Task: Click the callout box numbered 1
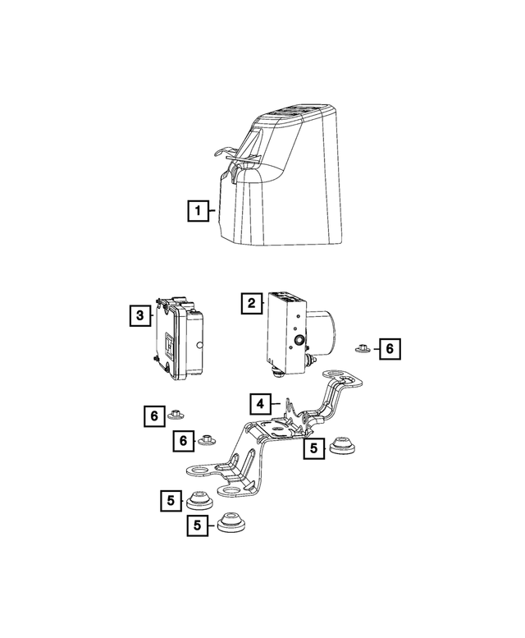tap(196, 210)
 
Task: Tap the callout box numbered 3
tap(140, 314)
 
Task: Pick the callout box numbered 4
tap(260, 403)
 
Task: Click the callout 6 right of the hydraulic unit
tap(389, 349)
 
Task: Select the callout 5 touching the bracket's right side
tap(313, 448)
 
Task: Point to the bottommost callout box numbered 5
tap(196, 526)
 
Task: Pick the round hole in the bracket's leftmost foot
tap(198, 470)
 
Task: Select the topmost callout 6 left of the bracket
tap(153, 416)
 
